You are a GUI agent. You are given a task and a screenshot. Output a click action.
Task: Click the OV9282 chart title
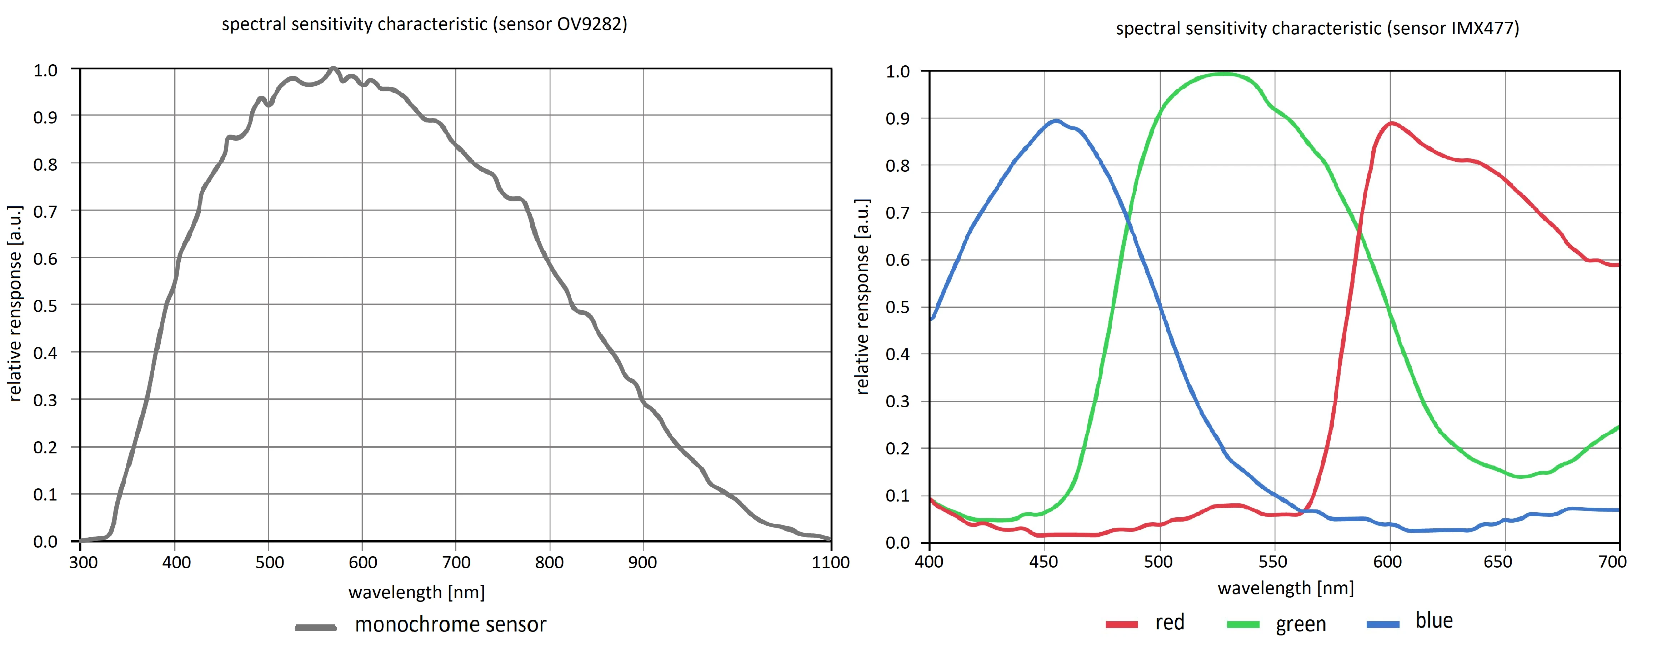[424, 25]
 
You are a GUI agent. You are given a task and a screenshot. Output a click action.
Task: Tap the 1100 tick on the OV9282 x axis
[830, 562]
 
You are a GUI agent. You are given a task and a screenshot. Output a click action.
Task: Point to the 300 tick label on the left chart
[83, 562]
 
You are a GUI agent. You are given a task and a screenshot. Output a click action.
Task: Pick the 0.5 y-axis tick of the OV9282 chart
[45, 306]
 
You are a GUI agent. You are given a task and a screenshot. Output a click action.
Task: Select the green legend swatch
[1243, 624]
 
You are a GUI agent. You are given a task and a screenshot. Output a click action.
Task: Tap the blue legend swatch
[1383, 624]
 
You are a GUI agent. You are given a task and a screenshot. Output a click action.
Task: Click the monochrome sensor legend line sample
[315, 627]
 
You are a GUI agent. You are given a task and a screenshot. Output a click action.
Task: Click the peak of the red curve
[1392, 123]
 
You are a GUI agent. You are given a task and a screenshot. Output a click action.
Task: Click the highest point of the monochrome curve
[333, 68]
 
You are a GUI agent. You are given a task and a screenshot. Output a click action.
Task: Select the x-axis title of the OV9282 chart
[416, 592]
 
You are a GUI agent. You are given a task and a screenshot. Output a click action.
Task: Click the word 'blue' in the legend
[1433, 620]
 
